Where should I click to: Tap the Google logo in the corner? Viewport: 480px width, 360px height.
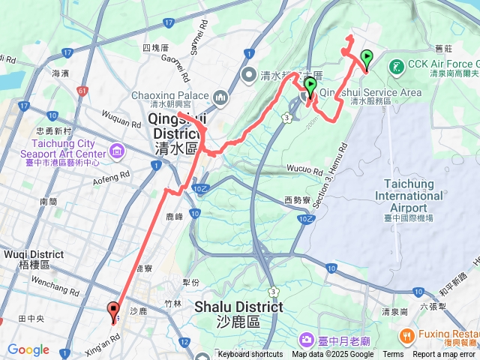[28, 349]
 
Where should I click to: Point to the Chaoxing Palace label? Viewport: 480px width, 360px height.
[170, 95]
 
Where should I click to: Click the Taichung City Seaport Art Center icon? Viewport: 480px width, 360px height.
[117, 153]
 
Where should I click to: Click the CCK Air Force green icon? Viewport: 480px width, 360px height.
[396, 66]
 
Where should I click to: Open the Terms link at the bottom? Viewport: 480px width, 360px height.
[393, 355]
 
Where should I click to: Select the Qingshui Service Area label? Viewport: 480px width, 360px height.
[370, 91]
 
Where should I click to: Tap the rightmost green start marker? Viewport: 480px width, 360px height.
[367, 58]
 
